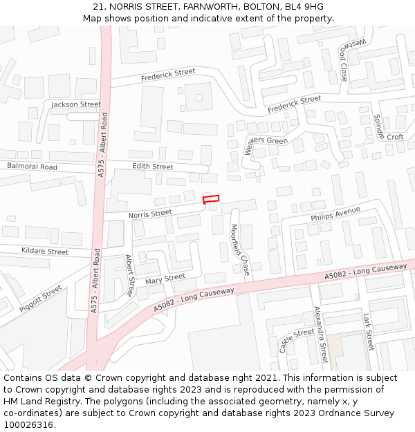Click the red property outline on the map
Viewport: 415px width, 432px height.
pos(210,199)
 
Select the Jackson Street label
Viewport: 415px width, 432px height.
pos(76,104)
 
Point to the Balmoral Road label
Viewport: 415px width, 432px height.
pos(32,167)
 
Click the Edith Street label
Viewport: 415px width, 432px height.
pos(152,167)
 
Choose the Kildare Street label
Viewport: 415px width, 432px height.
pos(45,252)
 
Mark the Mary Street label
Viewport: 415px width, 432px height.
pos(165,279)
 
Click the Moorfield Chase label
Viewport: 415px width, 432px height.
pos(240,249)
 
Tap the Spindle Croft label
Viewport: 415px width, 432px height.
pos(387,129)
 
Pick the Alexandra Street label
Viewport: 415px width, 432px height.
pos(320,335)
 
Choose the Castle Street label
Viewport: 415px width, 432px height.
pos(297,341)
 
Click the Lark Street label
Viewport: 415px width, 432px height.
pos(368,330)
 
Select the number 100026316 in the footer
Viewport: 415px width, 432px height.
pos(28,424)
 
